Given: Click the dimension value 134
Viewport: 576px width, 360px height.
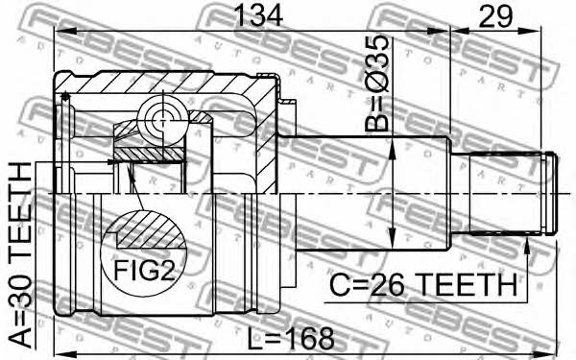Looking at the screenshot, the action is (x=259, y=15).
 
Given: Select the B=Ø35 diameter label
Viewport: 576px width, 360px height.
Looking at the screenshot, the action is (x=376, y=84).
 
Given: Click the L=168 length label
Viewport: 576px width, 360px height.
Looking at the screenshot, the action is (x=291, y=339).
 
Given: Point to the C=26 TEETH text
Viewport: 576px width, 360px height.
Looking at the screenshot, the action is (x=423, y=285).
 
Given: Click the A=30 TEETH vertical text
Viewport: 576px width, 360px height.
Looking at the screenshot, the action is (x=20, y=255).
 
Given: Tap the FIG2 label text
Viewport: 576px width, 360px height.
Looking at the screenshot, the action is (x=144, y=271).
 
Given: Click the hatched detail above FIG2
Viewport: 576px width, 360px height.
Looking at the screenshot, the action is (x=150, y=228).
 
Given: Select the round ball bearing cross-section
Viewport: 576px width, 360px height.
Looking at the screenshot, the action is (x=160, y=118).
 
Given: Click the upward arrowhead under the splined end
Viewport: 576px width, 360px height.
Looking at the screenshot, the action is (x=527, y=246).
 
